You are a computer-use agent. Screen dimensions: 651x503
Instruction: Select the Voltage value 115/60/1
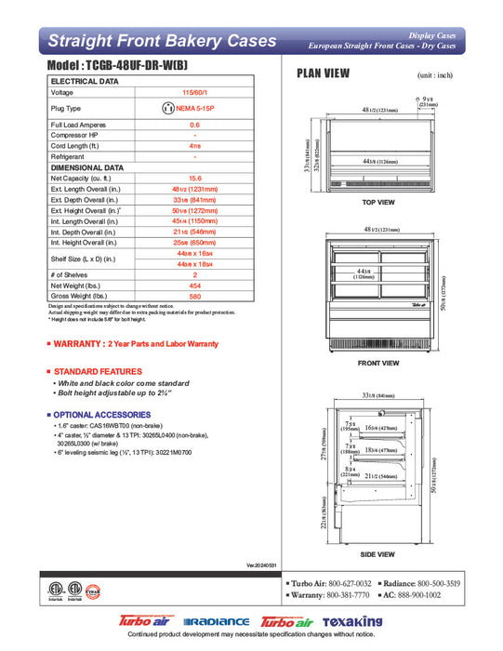point(194,93)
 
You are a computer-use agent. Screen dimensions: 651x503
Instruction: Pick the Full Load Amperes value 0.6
point(194,125)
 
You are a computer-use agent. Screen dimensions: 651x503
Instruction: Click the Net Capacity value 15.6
point(194,178)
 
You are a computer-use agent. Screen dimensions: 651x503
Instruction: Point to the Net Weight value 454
point(194,286)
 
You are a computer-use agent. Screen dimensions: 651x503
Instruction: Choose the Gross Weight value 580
point(194,297)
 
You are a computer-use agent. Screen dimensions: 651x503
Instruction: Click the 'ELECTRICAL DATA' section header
point(84,82)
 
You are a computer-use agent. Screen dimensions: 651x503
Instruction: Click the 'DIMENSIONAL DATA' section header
point(86,167)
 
